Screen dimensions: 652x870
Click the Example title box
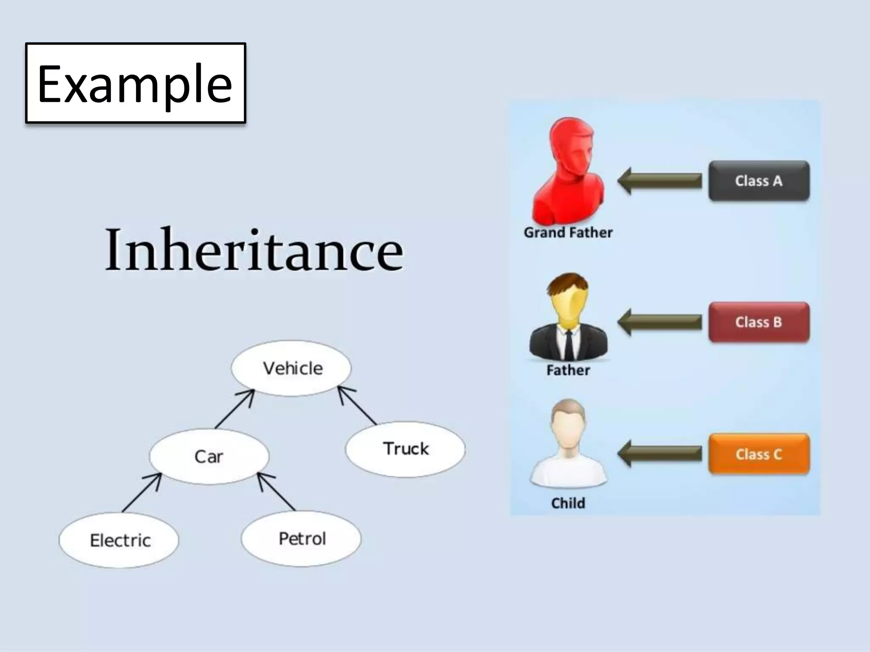coord(136,83)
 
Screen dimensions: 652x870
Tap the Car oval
coord(209,456)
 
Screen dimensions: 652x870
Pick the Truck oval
coord(405,449)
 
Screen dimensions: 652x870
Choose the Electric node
coord(119,540)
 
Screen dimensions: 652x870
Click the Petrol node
coord(301,539)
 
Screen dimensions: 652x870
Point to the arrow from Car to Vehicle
coord(234,409)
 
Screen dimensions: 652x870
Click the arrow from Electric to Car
coord(141,493)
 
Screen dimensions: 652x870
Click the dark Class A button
coord(759,181)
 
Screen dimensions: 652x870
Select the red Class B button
coord(759,322)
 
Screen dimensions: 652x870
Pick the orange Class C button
coord(759,454)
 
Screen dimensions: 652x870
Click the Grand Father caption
coord(568,233)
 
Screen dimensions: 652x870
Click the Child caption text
coord(568,503)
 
